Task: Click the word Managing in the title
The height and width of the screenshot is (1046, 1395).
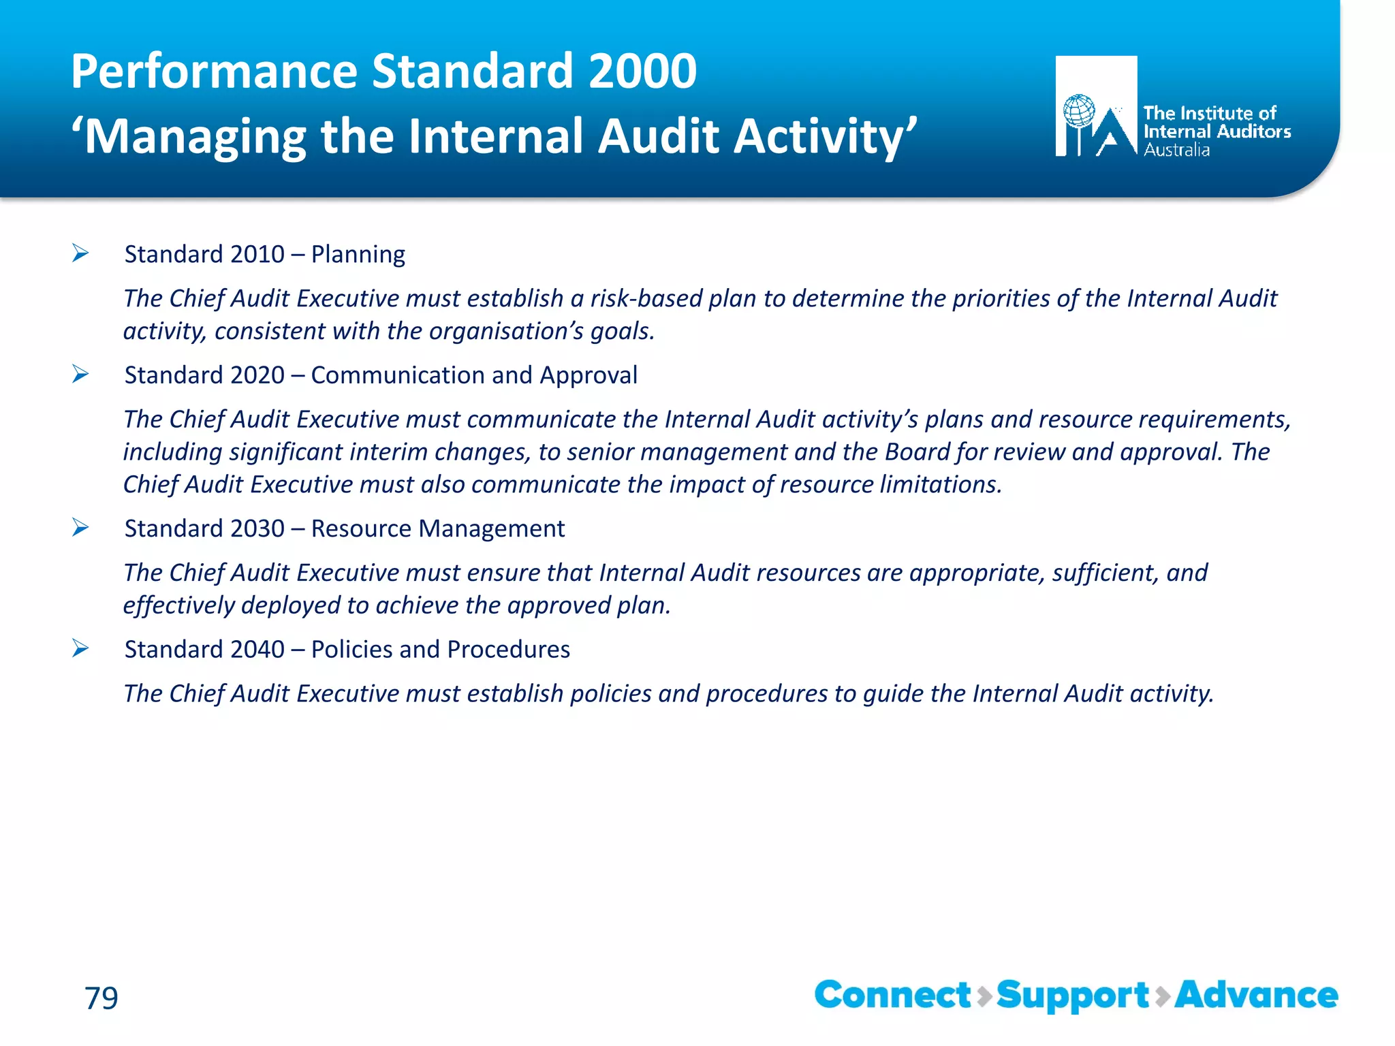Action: click(195, 137)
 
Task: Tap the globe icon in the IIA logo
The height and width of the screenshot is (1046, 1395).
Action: click(1079, 110)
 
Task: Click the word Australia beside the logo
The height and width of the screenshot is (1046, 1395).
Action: click(1176, 150)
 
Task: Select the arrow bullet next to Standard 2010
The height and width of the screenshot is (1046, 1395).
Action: click(80, 254)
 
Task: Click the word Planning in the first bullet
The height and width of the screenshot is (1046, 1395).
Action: click(358, 255)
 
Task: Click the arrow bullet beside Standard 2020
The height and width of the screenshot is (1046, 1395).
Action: click(80, 375)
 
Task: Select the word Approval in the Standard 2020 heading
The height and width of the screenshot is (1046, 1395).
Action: click(589, 375)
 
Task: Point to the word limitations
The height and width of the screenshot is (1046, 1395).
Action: click(941, 485)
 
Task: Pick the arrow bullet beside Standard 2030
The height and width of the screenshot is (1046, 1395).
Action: click(80, 528)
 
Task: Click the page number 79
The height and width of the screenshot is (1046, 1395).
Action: click(101, 998)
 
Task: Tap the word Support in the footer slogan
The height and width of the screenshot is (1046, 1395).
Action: click(1073, 996)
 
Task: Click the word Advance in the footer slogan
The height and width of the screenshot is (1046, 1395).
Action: click(1256, 995)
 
